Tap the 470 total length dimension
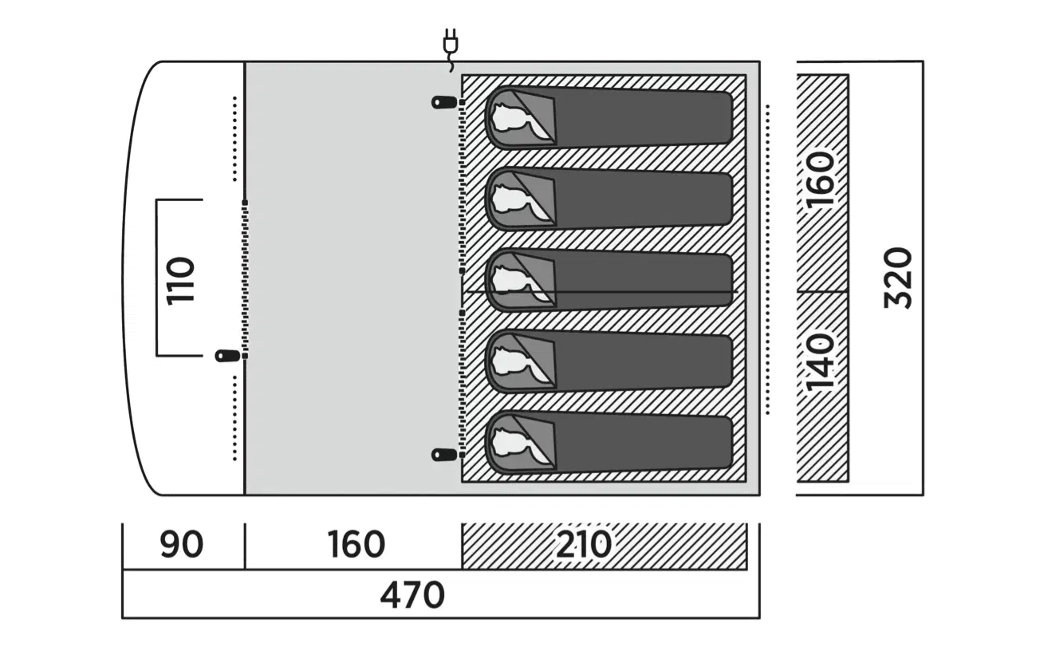tap(412, 595)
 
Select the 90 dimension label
tap(182, 545)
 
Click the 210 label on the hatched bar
tap(584, 545)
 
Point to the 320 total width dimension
tap(898, 278)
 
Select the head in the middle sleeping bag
tap(509, 281)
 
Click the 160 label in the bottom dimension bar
tap(356, 545)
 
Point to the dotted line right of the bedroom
tap(767, 259)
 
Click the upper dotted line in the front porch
tap(235, 139)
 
